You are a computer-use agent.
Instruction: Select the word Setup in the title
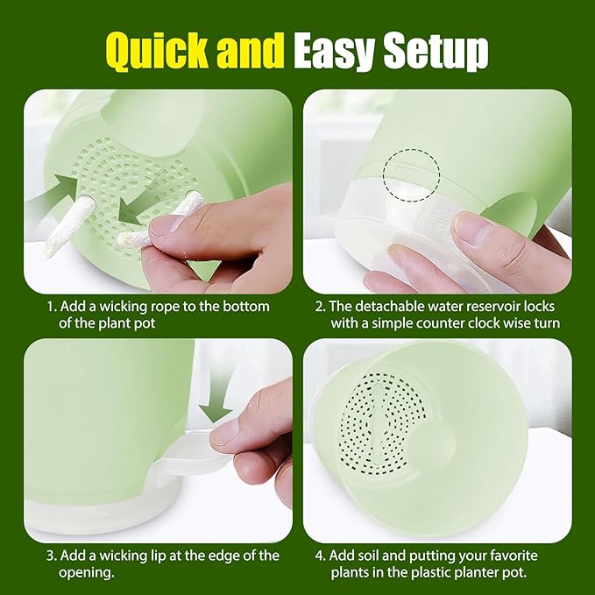click(436, 52)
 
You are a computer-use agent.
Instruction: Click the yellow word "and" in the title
click(251, 50)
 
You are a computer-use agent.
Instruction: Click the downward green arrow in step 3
click(216, 398)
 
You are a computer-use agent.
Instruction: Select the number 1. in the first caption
click(52, 307)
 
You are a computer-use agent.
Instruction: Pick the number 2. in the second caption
click(321, 307)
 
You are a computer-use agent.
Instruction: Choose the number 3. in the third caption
click(52, 556)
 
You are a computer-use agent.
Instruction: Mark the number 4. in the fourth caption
click(321, 556)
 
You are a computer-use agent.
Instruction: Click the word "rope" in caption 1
click(166, 308)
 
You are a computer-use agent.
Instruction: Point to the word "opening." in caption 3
click(86, 573)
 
